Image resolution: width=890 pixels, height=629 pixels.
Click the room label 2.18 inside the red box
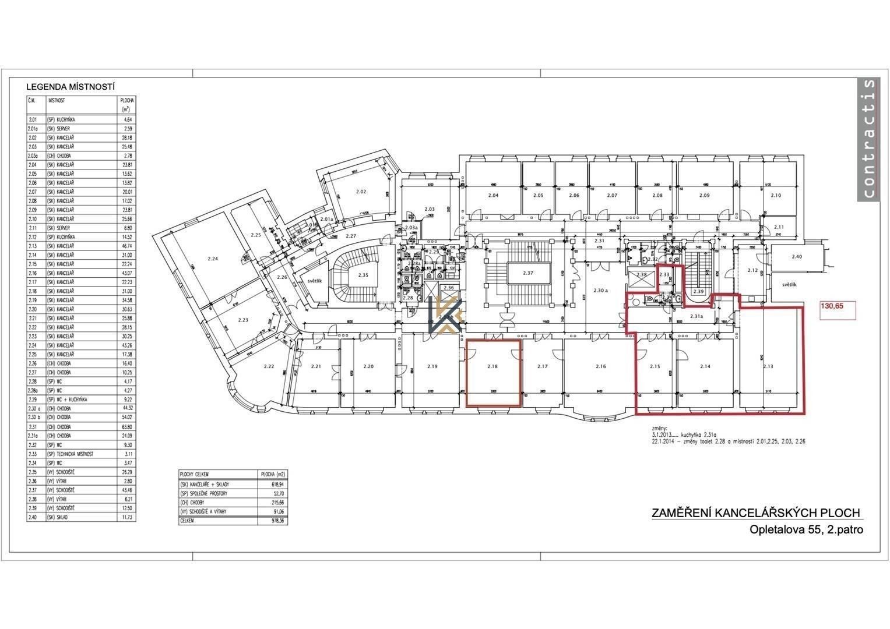(x=493, y=366)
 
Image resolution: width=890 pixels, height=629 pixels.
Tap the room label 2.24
(x=212, y=259)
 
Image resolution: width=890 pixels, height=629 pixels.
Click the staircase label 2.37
(x=528, y=273)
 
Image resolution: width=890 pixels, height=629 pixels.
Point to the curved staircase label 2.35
(x=364, y=275)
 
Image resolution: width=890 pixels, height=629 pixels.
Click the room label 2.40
(x=797, y=256)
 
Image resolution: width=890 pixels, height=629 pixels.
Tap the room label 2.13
(x=768, y=366)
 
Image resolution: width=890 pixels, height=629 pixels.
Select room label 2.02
(x=361, y=192)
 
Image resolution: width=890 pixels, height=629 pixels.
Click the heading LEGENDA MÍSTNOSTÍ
(x=70, y=87)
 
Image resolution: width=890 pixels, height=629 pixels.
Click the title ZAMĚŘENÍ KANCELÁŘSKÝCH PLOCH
(x=756, y=513)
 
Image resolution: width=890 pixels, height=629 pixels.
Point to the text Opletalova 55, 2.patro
(x=806, y=530)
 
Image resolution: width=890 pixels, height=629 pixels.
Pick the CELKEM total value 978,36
(x=272, y=521)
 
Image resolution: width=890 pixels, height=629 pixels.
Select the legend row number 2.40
(x=33, y=517)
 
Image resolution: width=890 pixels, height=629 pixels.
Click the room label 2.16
(x=601, y=366)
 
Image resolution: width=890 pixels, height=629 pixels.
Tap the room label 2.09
(x=704, y=196)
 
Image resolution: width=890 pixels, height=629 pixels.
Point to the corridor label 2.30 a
(x=600, y=291)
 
